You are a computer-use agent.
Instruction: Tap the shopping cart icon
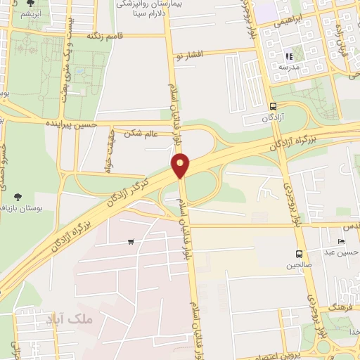click(131, 243)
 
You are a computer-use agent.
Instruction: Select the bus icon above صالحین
click(300, 254)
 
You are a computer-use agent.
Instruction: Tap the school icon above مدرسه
click(288, 56)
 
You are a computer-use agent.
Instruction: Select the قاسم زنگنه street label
click(105, 34)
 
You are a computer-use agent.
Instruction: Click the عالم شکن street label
click(143, 132)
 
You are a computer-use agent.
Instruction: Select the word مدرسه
click(288, 67)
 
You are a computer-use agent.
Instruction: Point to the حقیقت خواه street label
click(108, 150)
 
